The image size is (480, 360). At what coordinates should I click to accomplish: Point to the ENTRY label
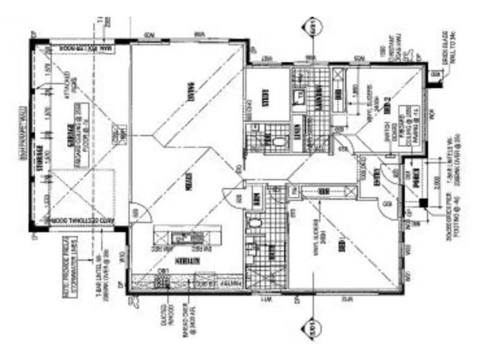click(377, 175)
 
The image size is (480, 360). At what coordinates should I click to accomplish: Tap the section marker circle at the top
click(312, 26)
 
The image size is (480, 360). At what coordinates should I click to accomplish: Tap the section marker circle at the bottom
click(311, 329)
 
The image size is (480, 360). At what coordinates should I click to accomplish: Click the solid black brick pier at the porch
click(424, 203)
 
